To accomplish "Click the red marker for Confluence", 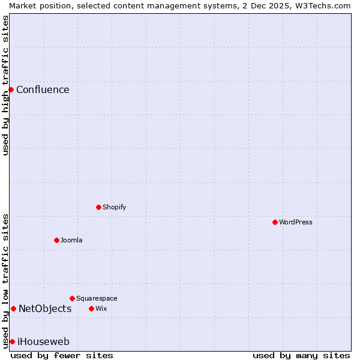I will point(11,89).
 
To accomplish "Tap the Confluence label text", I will point(43,90).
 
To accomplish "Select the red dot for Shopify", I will point(99,207).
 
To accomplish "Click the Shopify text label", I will point(114,208).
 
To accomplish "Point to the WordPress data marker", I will point(275,222).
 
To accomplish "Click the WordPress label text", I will point(296,223).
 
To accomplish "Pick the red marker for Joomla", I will point(57,240).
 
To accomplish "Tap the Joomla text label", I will point(71,241).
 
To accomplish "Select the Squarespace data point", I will point(73,298).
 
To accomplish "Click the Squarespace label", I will point(97,299).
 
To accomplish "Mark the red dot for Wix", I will point(92,308).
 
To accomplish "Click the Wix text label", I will point(101,309).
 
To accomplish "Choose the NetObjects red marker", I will point(13,308).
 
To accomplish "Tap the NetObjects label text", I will point(45,309).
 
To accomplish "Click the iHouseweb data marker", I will point(12,341).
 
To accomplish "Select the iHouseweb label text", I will point(43,342).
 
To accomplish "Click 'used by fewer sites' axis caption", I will point(62,355).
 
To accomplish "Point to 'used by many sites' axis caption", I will point(301,355).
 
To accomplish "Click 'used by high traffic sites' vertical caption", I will point(5,85).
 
